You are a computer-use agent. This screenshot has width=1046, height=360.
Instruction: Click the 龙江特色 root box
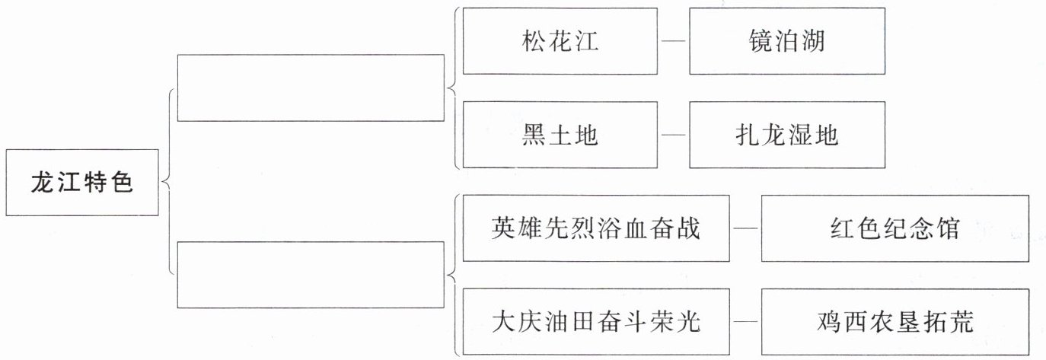pos(82,183)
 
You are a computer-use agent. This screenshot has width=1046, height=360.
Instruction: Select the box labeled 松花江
pos(560,41)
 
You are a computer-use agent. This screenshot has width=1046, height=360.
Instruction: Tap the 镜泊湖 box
pos(787,41)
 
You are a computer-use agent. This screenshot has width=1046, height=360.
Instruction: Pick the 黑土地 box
pos(560,135)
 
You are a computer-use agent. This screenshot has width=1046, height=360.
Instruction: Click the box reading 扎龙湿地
pos(787,135)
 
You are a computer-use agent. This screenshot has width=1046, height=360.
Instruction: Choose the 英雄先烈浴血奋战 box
pos(596,228)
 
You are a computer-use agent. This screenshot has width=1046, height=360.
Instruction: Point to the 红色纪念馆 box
pos(895,228)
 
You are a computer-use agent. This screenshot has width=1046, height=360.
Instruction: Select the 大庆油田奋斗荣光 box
pos(596,322)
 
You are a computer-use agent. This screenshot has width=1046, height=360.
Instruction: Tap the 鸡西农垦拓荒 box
pos(895,322)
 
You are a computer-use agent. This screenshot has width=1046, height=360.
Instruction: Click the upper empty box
pos(311,88)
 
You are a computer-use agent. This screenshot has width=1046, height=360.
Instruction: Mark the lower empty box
pos(311,275)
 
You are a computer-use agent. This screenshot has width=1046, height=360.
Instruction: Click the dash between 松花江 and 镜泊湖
pos(674,41)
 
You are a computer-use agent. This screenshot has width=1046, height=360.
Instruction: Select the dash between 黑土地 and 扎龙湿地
pos(674,135)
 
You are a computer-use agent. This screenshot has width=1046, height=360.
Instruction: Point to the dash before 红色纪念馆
pos(745,228)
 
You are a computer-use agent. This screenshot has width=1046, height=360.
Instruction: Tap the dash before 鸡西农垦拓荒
pos(745,322)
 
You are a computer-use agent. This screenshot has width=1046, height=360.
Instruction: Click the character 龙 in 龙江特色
pos(43,182)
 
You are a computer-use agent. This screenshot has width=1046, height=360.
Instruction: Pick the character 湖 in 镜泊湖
pos(813,41)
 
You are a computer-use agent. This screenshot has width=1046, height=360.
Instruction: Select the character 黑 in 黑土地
pos(534,135)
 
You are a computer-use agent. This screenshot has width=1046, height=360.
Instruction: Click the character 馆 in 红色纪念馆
pos(948,228)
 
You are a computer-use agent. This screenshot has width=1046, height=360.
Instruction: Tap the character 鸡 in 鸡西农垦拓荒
pos(829,322)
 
